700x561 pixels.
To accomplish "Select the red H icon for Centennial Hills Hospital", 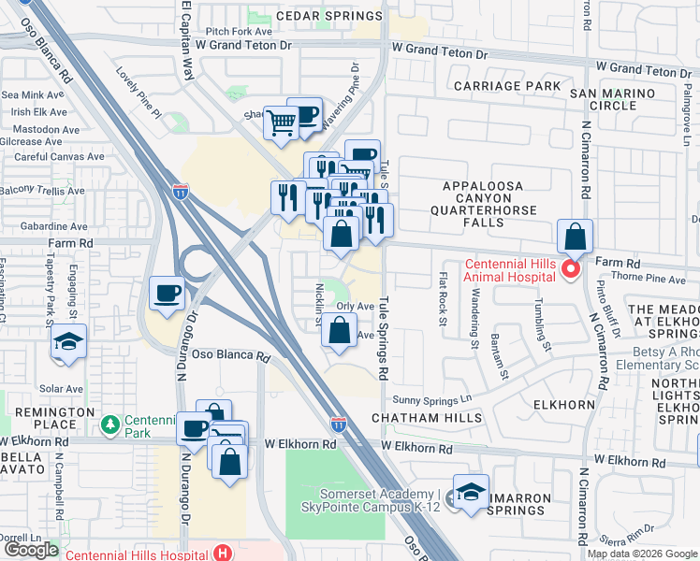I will tap(223, 553).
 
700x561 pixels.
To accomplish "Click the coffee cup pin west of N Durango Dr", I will tap(168, 294).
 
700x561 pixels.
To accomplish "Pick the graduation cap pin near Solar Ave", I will tap(69, 341).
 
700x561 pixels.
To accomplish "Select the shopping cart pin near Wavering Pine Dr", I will tap(281, 121).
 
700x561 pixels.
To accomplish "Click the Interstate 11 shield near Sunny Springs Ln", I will tap(338, 424).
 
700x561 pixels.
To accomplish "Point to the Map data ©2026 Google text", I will tap(642, 554).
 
